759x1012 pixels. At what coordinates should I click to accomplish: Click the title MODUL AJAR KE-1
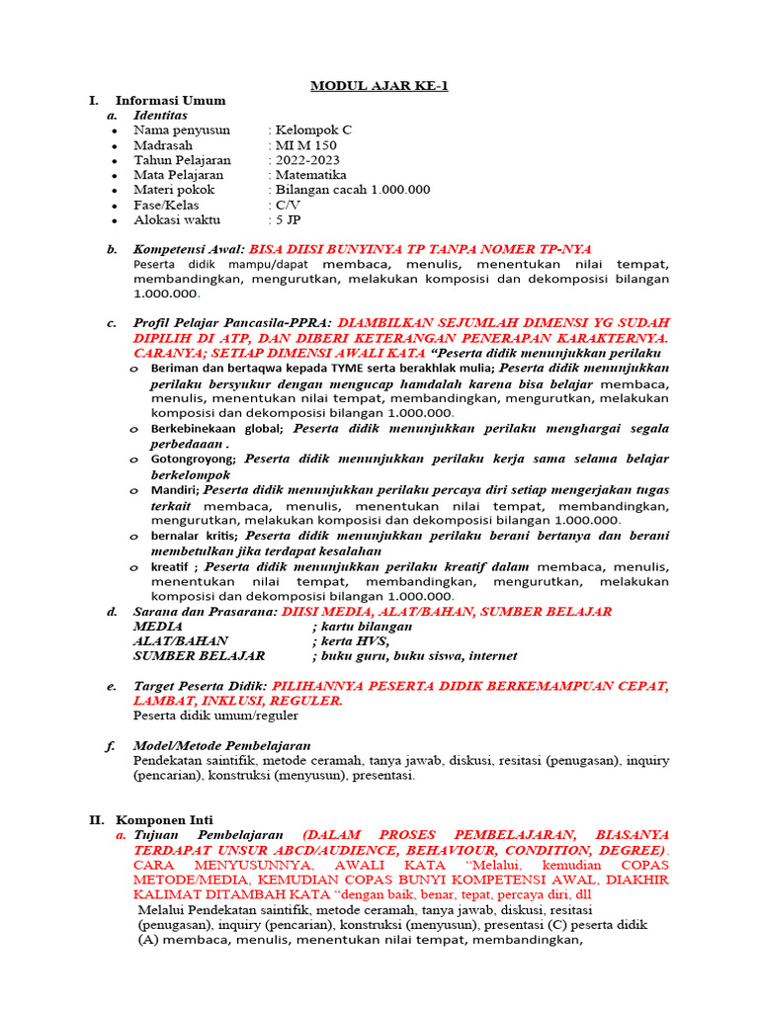pos(379,85)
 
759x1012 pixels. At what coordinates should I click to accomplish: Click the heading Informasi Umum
pos(170,100)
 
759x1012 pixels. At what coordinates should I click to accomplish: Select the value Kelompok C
pos(313,129)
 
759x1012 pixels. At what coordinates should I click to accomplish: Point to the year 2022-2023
pos(309,160)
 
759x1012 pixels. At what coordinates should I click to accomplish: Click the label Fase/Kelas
pos(168,205)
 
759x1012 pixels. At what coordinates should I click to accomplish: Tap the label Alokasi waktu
pos(177,219)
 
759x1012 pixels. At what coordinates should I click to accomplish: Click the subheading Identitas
pos(160,115)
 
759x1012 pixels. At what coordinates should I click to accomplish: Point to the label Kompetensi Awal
pos(188,249)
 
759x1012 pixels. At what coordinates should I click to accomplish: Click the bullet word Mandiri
pos(174,489)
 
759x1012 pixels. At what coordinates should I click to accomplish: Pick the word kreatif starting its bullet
pos(170,566)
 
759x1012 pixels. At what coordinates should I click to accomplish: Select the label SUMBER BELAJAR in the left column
pos(199,655)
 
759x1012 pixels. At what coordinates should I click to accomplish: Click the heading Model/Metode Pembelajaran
pos(222,745)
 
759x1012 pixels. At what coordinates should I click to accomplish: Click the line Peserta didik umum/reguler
pos(215,715)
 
